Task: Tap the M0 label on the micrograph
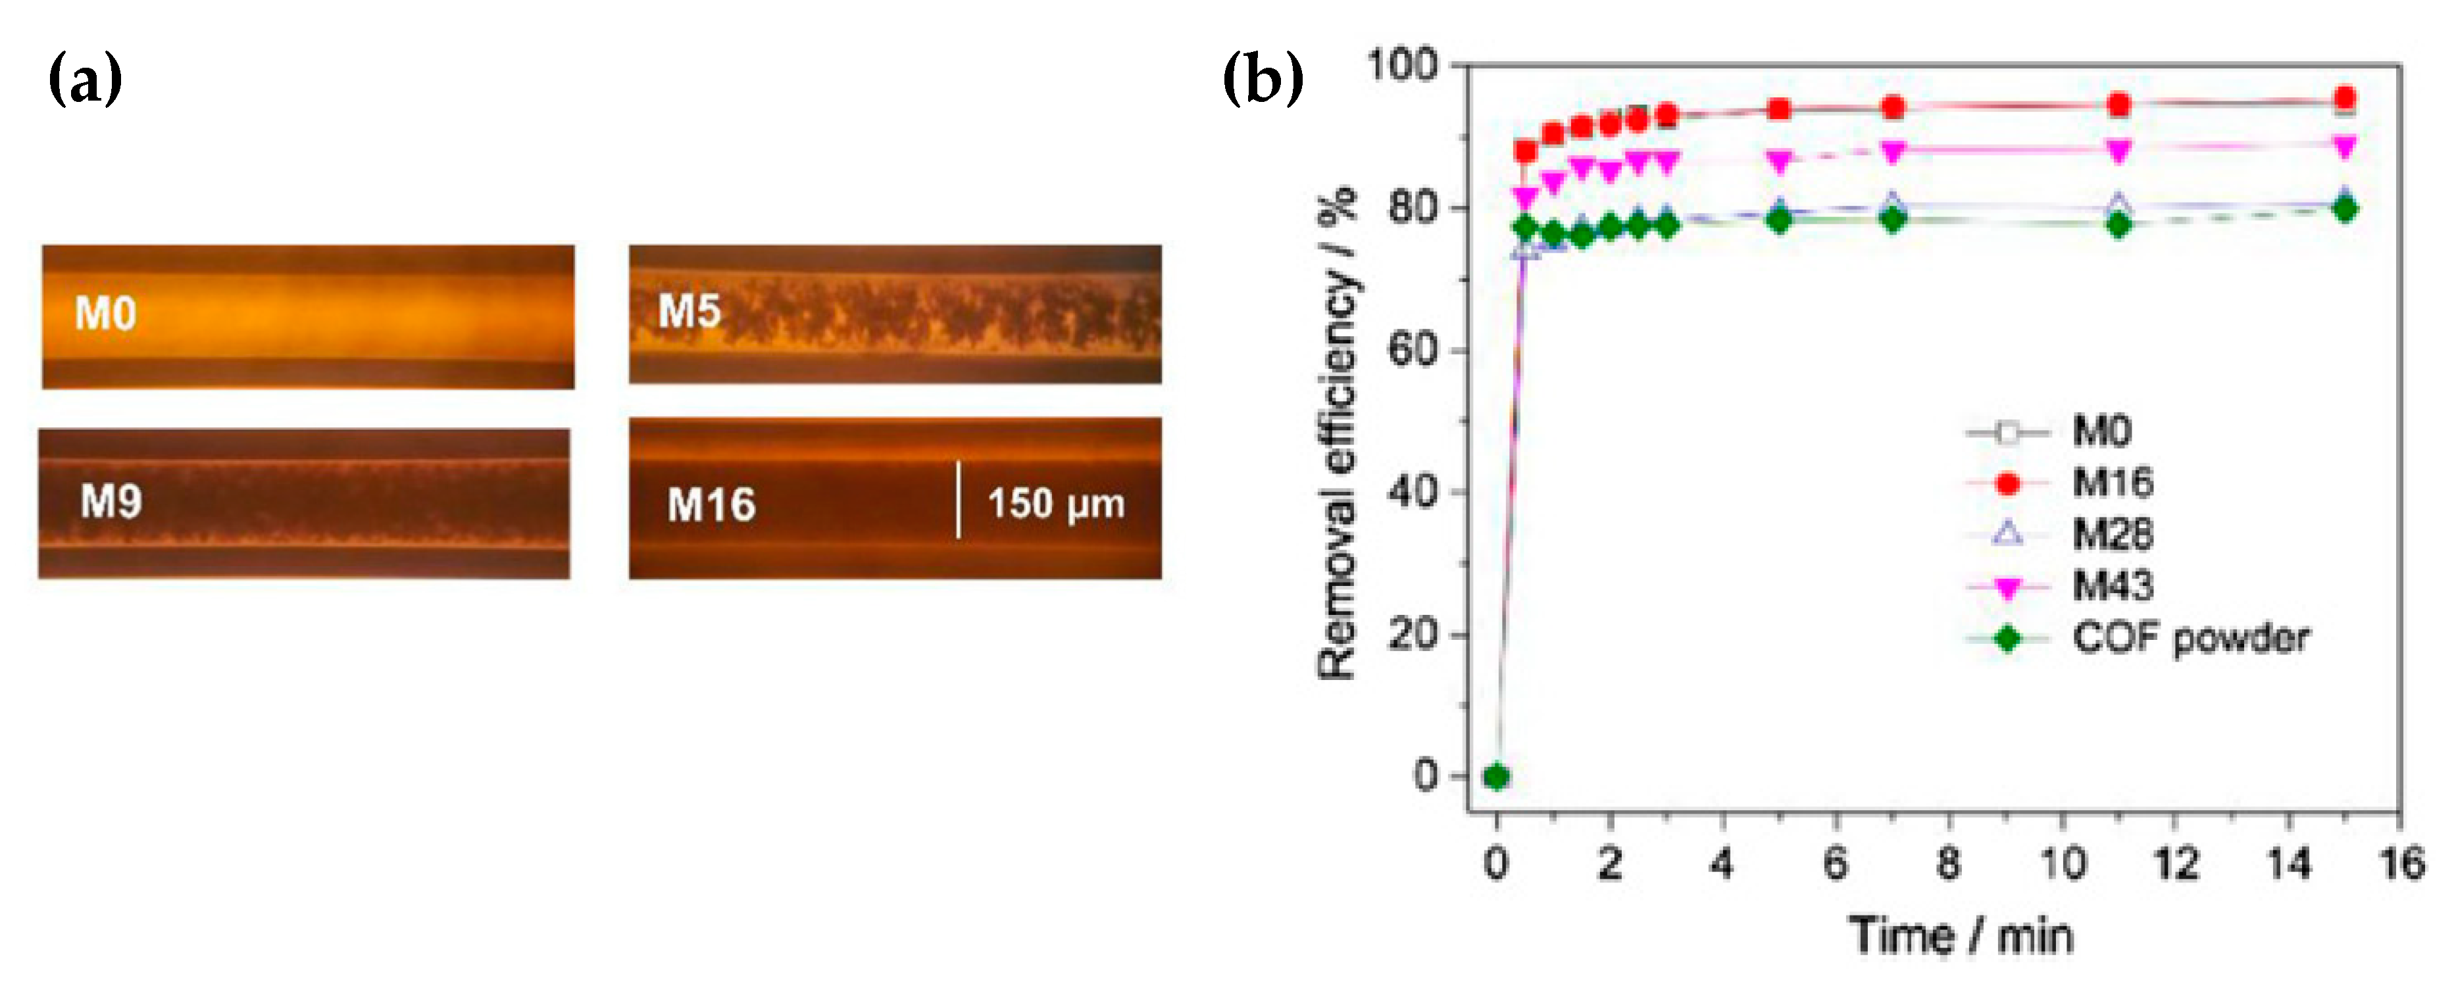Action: [105, 314]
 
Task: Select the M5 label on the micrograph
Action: [689, 312]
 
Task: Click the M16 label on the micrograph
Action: [711, 504]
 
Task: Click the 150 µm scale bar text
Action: [1055, 504]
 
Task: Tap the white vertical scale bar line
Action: [958, 500]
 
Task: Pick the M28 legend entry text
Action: [2113, 534]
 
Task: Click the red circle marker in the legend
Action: [2007, 484]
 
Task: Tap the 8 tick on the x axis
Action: [1949, 863]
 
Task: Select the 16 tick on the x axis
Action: [2401, 863]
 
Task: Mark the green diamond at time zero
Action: [1496, 777]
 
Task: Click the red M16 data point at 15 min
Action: [2344, 98]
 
